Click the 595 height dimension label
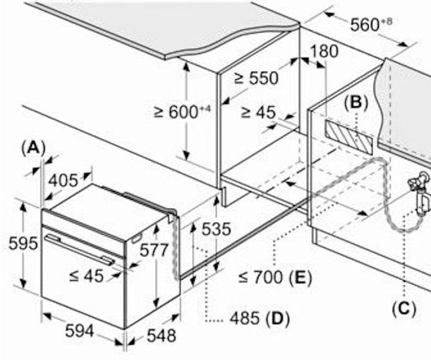[x=23, y=244]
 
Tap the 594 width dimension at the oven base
[x=79, y=331]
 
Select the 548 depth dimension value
[x=161, y=336]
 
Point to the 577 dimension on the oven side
[x=154, y=250]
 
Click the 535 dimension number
[x=217, y=229]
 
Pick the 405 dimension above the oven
[x=63, y=181]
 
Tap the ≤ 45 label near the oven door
[x=87, y=276]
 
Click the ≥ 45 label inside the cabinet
[x=258, y=112]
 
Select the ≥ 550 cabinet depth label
[x=256, y=78]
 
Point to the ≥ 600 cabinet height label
[x=182, y=112]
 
